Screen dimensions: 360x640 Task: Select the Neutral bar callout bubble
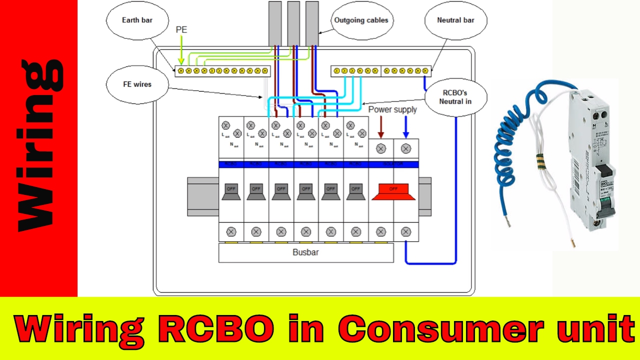pos(455,20)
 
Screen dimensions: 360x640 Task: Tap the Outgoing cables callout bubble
pos(360,20)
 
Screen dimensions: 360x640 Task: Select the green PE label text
pos(181,30)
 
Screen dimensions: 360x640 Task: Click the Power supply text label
pos(392,109)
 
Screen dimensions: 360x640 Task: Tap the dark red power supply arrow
pos(381,127)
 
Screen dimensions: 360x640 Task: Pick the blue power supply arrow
pos(406,127)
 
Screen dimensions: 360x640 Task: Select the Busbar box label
pos(305,252)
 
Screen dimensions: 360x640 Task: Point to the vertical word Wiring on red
pos(39,145)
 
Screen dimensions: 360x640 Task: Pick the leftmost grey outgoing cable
pos(275,22)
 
